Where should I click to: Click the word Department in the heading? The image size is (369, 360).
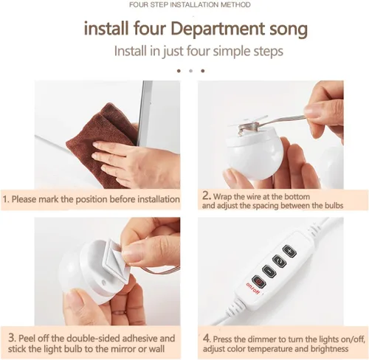(217, 30)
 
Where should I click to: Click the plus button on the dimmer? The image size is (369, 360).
(289, 252)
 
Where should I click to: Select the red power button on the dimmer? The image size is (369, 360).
(259, 282)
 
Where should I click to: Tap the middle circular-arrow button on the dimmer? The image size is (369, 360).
(279, 261)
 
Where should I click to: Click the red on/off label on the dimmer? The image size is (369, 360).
(253, 288)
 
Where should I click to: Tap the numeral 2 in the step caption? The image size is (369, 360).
(206, 196)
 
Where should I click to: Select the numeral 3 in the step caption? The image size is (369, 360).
(12, 338)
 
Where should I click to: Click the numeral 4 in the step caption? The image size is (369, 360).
(206, 339)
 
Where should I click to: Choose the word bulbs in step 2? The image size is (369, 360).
(334, 205)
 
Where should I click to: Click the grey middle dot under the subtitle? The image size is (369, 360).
(190, 71)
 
